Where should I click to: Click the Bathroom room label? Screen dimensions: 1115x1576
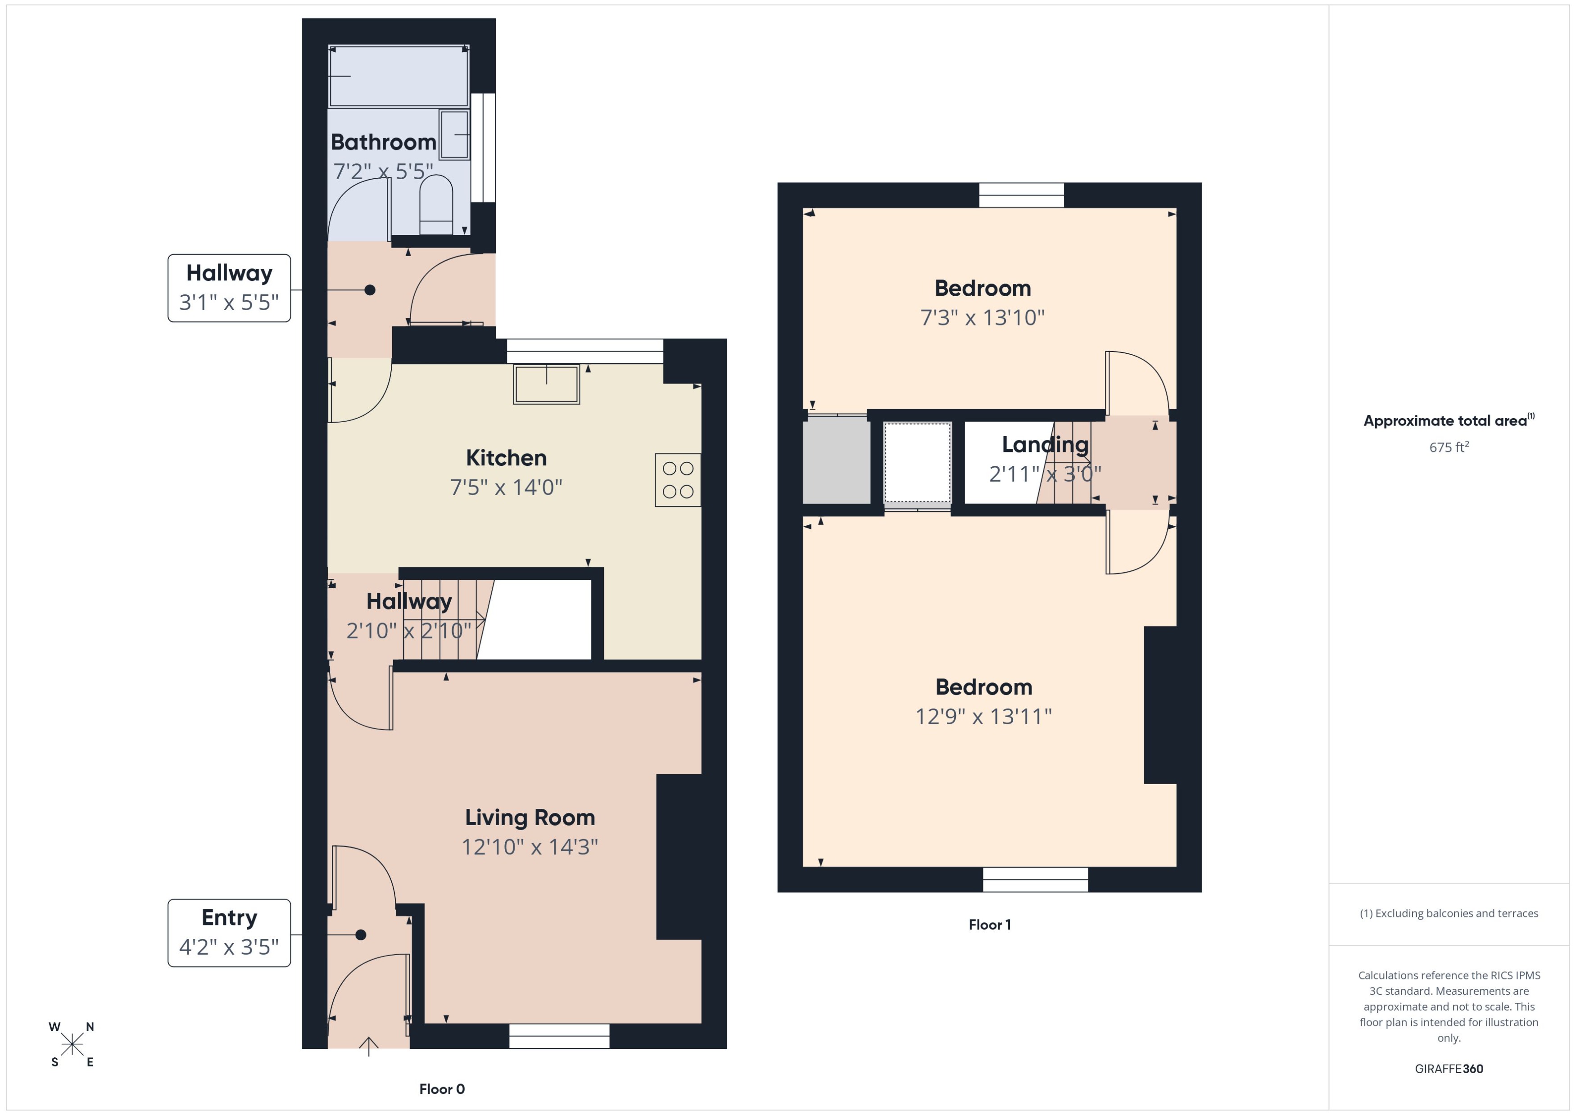pyautogui.click(x=383, y=142)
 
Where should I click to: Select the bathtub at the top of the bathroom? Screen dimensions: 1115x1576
pyautogui.click(x=399, y=76)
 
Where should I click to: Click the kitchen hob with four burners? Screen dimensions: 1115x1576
pyautogui.click(x=678, y=480)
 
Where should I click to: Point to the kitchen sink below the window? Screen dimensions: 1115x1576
pyautogui.click(x=547, y=384)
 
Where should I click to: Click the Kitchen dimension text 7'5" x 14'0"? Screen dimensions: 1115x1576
pyautogui.click(x=506, y=488)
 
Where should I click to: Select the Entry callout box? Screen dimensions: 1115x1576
pyautogui.click(x=229, y=932)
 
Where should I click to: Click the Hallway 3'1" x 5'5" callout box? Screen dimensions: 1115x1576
pyautogui.click(x=229, y=288)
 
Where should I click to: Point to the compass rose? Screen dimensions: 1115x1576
pyautogui.click(x=72, y=1044)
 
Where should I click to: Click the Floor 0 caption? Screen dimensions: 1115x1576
pyautogui.click(x=442, y=1089)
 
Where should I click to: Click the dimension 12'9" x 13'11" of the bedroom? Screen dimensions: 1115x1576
pyautogui.click(x=983, y=717)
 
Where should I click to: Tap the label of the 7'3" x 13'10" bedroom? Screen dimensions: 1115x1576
pyautogui.click(x=982, y=289)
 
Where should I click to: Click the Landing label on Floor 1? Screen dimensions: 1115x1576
pyautogui.click(x=1045, y=445)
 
